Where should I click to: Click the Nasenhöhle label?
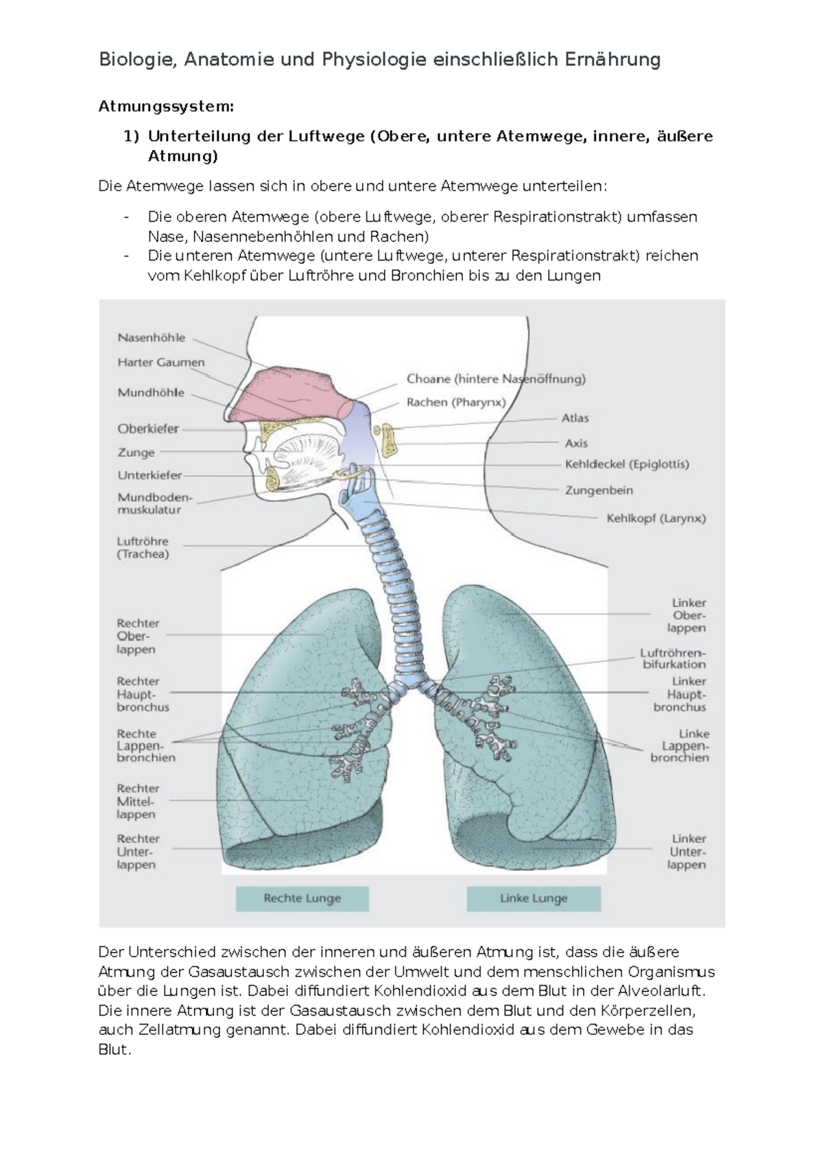click(x=151, y=337)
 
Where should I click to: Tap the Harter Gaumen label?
click(x=160, y=362)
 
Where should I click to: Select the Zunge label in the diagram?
click(x=136, y=453)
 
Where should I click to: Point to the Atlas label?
click(x=575, y=418)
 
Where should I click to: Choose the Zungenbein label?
click(x=599, y=490)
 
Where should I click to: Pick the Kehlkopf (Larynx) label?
click(x=656, y=518)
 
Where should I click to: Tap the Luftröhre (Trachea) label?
click(x=143, y=547)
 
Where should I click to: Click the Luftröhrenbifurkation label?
click(x=673, y=658)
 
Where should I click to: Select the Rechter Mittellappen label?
click(x=137, y=801)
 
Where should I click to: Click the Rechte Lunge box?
click(x=302, y=898)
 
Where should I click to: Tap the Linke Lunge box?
click(x=534, y=898)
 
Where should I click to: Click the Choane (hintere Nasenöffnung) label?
click(x=496, y=379)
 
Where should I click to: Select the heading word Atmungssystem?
click(x=166, y=106)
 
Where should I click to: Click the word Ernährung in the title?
click(x=612, y=60)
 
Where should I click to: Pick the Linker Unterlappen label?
click(x=687, y=852)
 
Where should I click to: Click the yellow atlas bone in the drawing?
click(x=389, y=440)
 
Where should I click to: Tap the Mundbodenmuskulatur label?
click(x=155, y=503)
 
